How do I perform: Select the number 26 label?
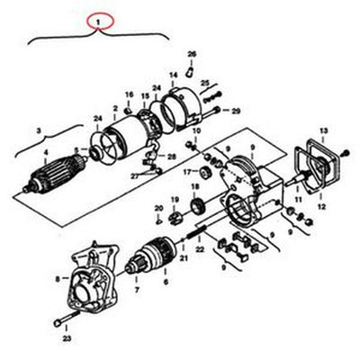[192, 55]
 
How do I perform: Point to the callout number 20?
[158, 209]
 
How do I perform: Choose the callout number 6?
[165, 281]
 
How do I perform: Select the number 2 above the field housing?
[114, 108]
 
